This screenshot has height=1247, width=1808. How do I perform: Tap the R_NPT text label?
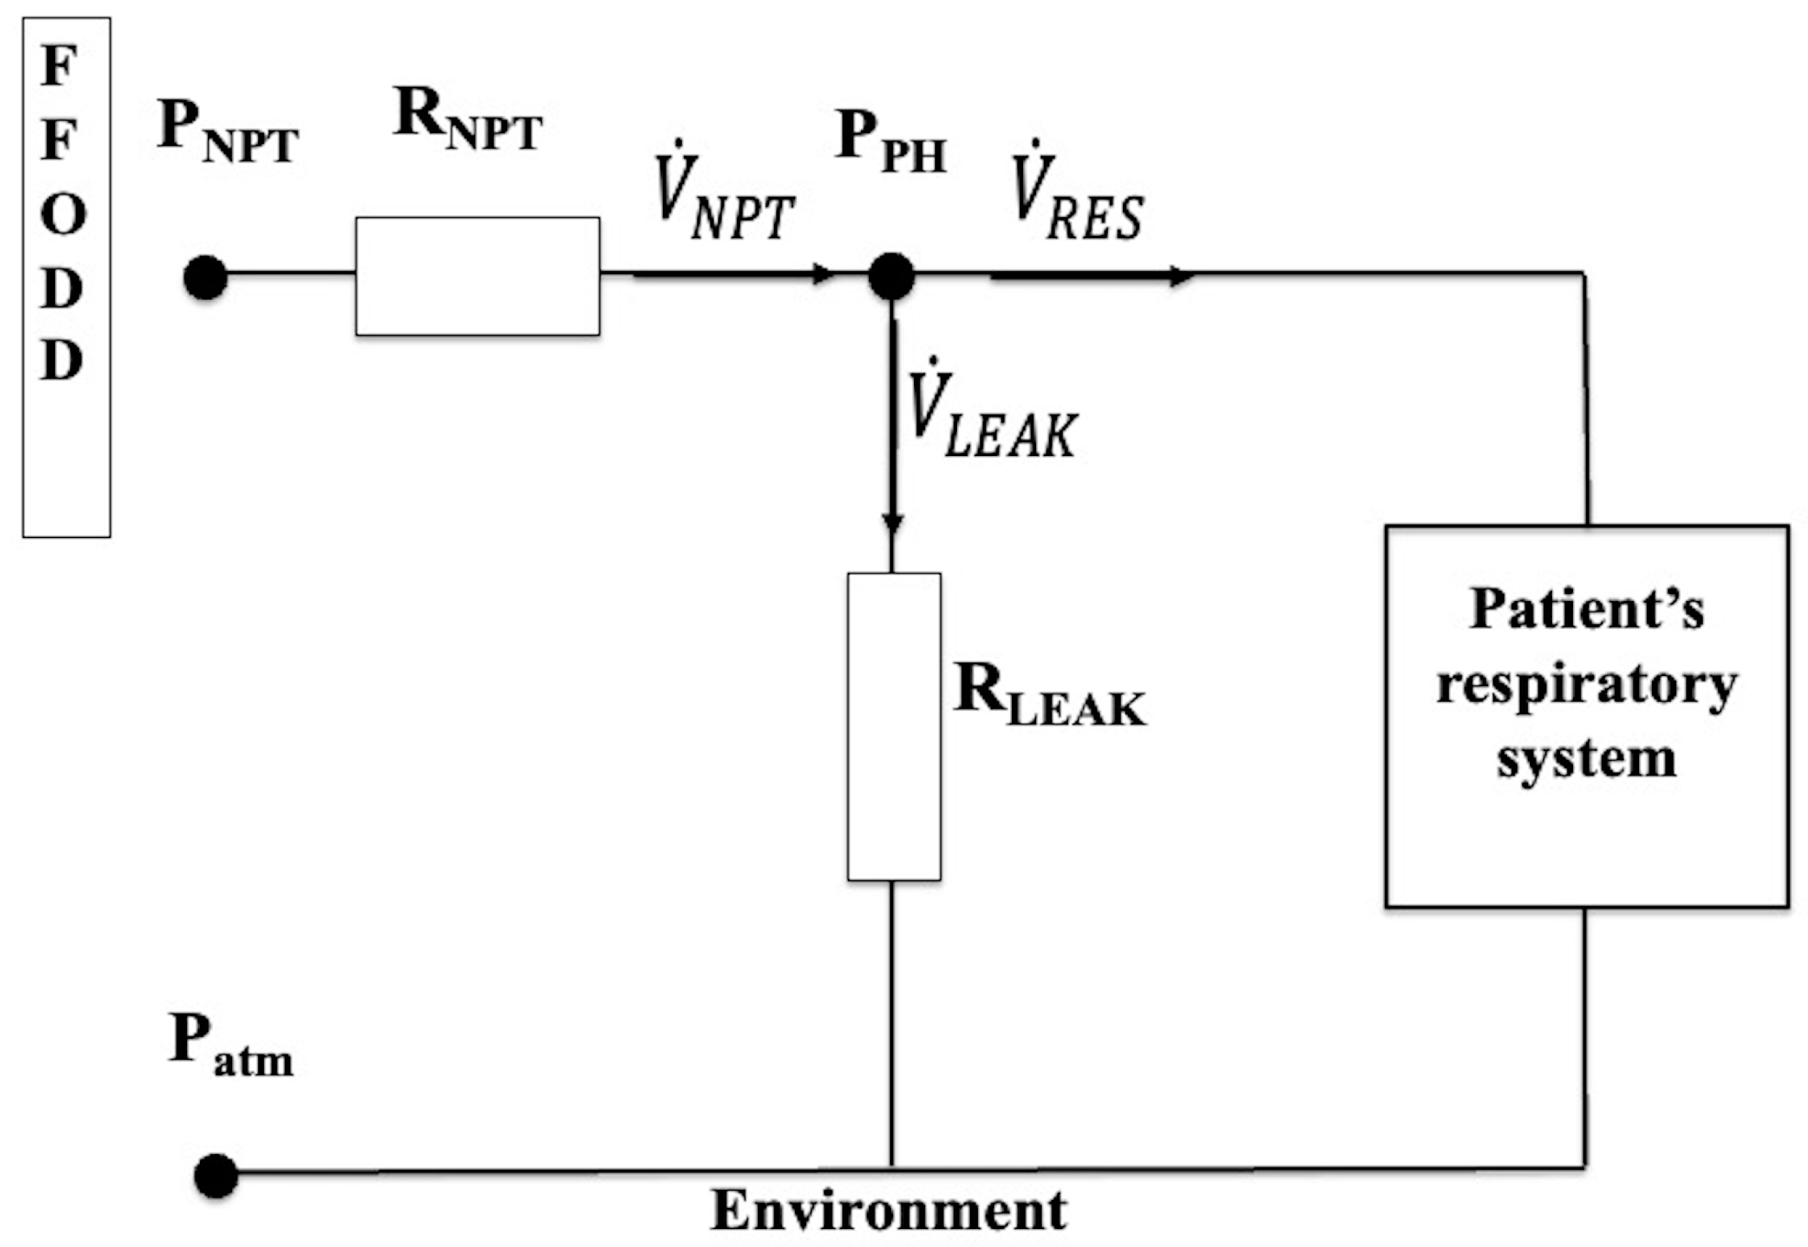click(x=467, y=119)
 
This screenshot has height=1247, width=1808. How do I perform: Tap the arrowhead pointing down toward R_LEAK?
click(x=892, y=524)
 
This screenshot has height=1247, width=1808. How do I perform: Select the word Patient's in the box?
click(x=1586, y=609)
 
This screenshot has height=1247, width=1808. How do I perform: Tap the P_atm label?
click(x=230, y=1047)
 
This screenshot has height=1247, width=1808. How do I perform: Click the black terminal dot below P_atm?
click(x=216, y=1175)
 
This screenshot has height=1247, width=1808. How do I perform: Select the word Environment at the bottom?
click(x=888, y=1210)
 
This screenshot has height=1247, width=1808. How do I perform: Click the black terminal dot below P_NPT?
click(x=205, y=277)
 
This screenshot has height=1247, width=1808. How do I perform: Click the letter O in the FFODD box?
click(x=63, y=214)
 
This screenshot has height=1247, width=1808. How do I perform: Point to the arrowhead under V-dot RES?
click(x=1181, y=276)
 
